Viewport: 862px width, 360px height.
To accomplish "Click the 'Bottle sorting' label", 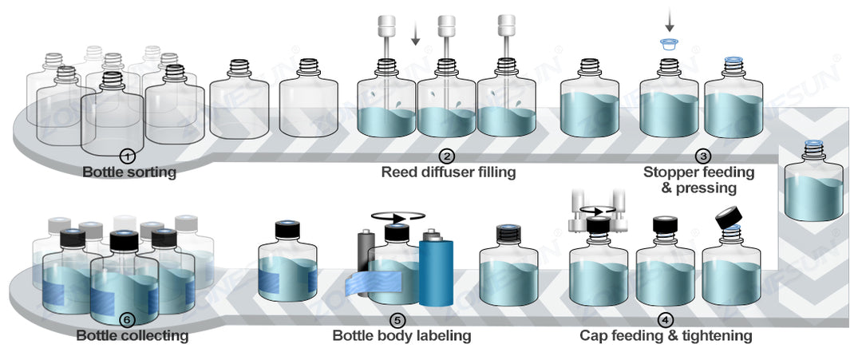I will [129, 172].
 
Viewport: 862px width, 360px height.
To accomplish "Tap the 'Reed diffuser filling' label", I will [449, 172].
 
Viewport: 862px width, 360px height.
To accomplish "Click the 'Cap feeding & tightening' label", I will [666, 336].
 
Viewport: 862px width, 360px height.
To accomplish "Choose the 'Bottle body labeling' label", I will [401, 336].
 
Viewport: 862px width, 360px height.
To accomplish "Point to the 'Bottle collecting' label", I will [132, 336].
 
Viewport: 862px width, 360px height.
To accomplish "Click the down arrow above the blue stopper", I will [669, 17].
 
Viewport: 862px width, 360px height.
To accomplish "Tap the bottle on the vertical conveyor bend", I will [813, 182].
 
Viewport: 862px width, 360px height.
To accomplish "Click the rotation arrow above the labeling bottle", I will [397, 215].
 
